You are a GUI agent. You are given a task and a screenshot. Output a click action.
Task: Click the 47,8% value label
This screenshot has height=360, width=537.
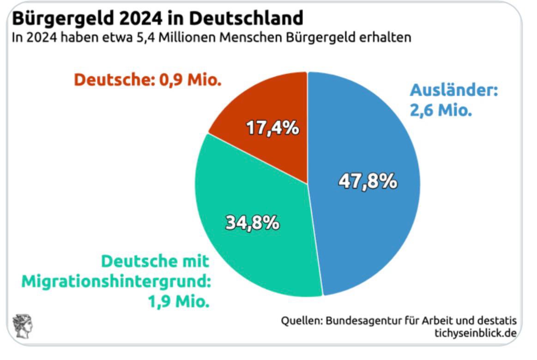pyautogui.click(x=368, y=182)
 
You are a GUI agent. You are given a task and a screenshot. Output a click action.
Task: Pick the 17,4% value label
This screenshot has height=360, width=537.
pyautogui.click(x=272, y=128)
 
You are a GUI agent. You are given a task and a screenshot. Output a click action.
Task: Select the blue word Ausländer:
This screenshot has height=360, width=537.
pyautogui.click(x=454, y=90)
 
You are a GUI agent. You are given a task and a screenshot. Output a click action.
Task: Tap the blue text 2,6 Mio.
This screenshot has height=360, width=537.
pyautogui.click(x=440, y=111)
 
